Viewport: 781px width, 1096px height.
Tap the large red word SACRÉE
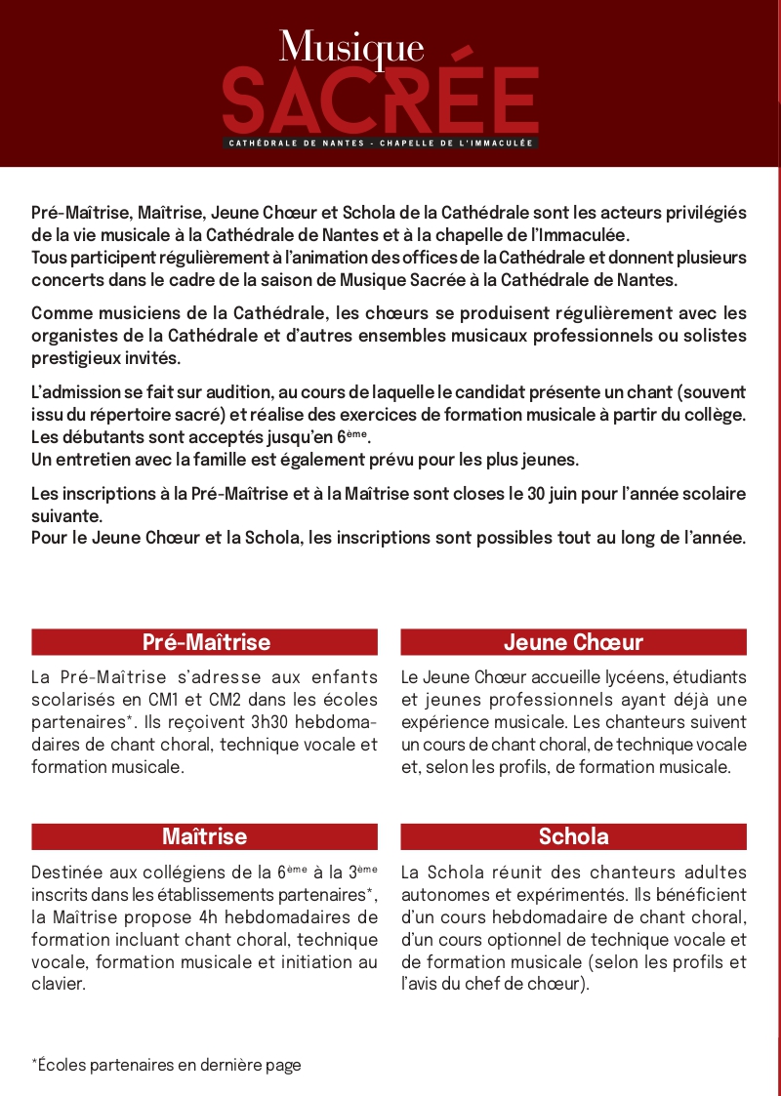pyautogui.click(x=381, y=101)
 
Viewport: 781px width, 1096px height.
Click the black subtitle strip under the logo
pyautogui.click(x=381, y=143)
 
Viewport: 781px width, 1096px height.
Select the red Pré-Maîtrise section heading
pyautogui.click(x=205, y=642)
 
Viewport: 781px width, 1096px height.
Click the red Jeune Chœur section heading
pyautogui.click(x=573, y=642)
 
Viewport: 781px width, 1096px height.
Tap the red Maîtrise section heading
pyautogui.click(x=205, y=836)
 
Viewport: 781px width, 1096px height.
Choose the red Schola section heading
pyautogui.click(x=573, y=836)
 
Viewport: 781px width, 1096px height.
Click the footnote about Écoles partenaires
pyautogui.click(x=166, y=1065)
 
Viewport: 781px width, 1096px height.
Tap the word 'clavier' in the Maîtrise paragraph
pyautogui.click(x=58, y=984)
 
